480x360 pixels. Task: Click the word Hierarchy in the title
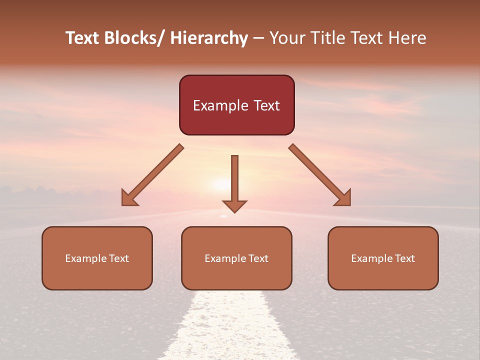click(209, 38)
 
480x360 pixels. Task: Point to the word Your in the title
click(287, 38)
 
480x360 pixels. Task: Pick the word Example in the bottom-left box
click(85, 258)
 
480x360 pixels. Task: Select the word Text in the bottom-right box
click(405, 258)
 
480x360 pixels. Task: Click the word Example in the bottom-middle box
click(225, 258)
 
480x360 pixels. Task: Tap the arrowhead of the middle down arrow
click(234, 205)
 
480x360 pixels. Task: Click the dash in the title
click(258, 38)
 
